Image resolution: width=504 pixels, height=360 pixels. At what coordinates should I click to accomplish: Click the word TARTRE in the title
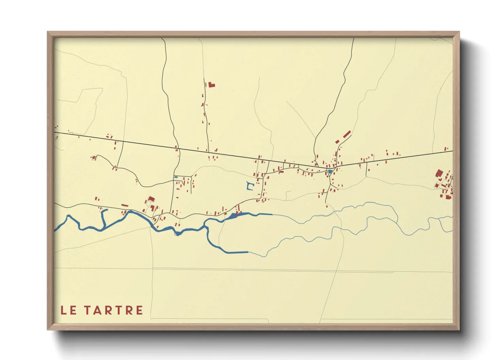click(113, 310)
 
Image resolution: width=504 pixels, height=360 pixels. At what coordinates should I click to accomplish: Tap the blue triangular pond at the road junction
click(330, 172)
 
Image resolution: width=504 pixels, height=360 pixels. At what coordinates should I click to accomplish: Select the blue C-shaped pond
click(250, 186)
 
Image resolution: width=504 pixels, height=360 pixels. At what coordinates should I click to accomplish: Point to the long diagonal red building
click(347, 134)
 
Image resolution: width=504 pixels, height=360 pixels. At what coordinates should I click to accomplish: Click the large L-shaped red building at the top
click(211, 84)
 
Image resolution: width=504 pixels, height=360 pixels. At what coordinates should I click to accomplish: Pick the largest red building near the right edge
click(439, 173)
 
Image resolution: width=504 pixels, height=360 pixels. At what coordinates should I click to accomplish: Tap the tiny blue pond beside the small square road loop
click(176, 177)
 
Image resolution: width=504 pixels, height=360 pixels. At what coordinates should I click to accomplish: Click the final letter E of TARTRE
click(139, 310)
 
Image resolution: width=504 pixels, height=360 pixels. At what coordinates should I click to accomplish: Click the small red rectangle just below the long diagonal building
click(337, 142)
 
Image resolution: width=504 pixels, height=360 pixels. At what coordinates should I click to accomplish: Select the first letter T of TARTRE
click(88, 310)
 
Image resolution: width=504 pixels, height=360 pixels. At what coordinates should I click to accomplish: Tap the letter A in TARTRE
click(98, 310)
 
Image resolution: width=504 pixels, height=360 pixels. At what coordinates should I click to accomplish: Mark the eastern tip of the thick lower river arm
click(247, 252)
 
